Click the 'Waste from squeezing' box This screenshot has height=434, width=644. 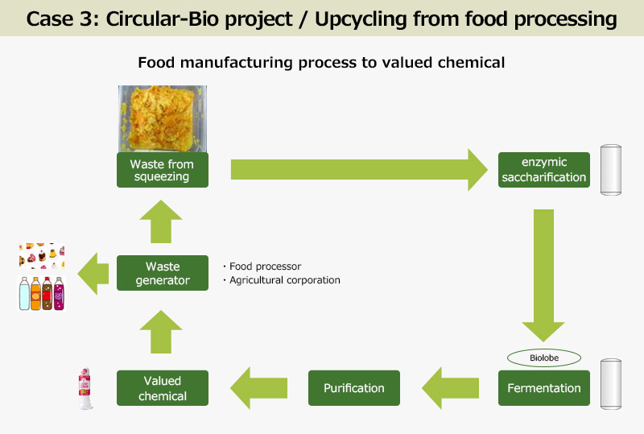coord(163,170)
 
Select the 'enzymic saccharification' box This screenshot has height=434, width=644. coord(544,170)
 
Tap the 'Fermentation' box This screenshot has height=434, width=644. coord(544,388)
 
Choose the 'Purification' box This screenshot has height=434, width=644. coord(354,388)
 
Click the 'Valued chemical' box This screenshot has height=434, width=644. coord(163,388)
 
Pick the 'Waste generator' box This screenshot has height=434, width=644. coord(163,273)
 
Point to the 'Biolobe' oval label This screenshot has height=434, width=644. coord(544,356)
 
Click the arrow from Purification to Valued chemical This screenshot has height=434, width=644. coord(259,388)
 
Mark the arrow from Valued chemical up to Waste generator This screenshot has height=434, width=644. coord(163,331)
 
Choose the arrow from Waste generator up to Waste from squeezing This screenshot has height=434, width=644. coord(163,220)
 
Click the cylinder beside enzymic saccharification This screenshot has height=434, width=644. coord(613,171)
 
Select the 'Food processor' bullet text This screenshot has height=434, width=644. coord(262,267)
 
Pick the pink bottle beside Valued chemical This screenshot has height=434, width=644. coord(84,388)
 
